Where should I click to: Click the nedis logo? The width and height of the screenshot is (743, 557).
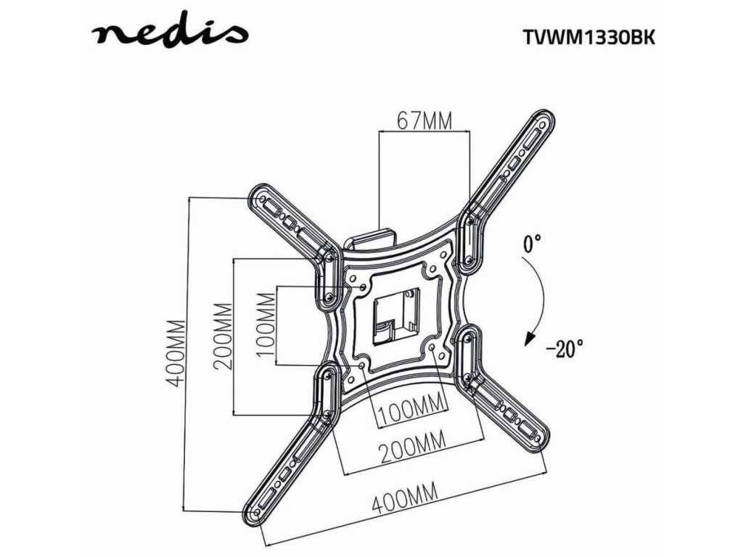pos(170,33)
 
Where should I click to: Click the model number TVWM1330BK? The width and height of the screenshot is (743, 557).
pos(588,37)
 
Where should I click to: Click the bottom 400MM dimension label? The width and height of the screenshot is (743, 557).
pos(406,500)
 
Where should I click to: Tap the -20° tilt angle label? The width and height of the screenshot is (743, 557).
pos(565,349)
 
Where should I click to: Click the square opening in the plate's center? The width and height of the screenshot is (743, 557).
pos(393,316)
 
